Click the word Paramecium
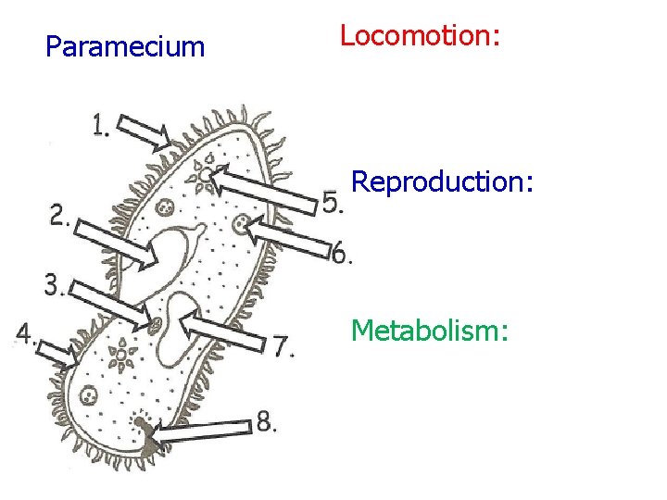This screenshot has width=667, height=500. [x=125, y=47]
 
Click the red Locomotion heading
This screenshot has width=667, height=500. [x=420, y=36]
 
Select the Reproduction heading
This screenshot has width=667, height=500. [x=442, y=181]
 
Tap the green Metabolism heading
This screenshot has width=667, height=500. [x=430, y=329]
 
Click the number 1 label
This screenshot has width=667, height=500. [x=100, y=124]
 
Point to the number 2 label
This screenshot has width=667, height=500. [x=59, y=217]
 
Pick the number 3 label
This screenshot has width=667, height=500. [x=54, y=286]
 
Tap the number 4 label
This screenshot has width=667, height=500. [x=25, y=333]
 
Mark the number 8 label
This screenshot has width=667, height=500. [x=266, y=421]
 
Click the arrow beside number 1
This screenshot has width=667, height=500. [x=145, y=132]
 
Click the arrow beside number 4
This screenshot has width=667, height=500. [x=57, y=351]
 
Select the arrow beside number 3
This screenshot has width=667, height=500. [x=108, y=305]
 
